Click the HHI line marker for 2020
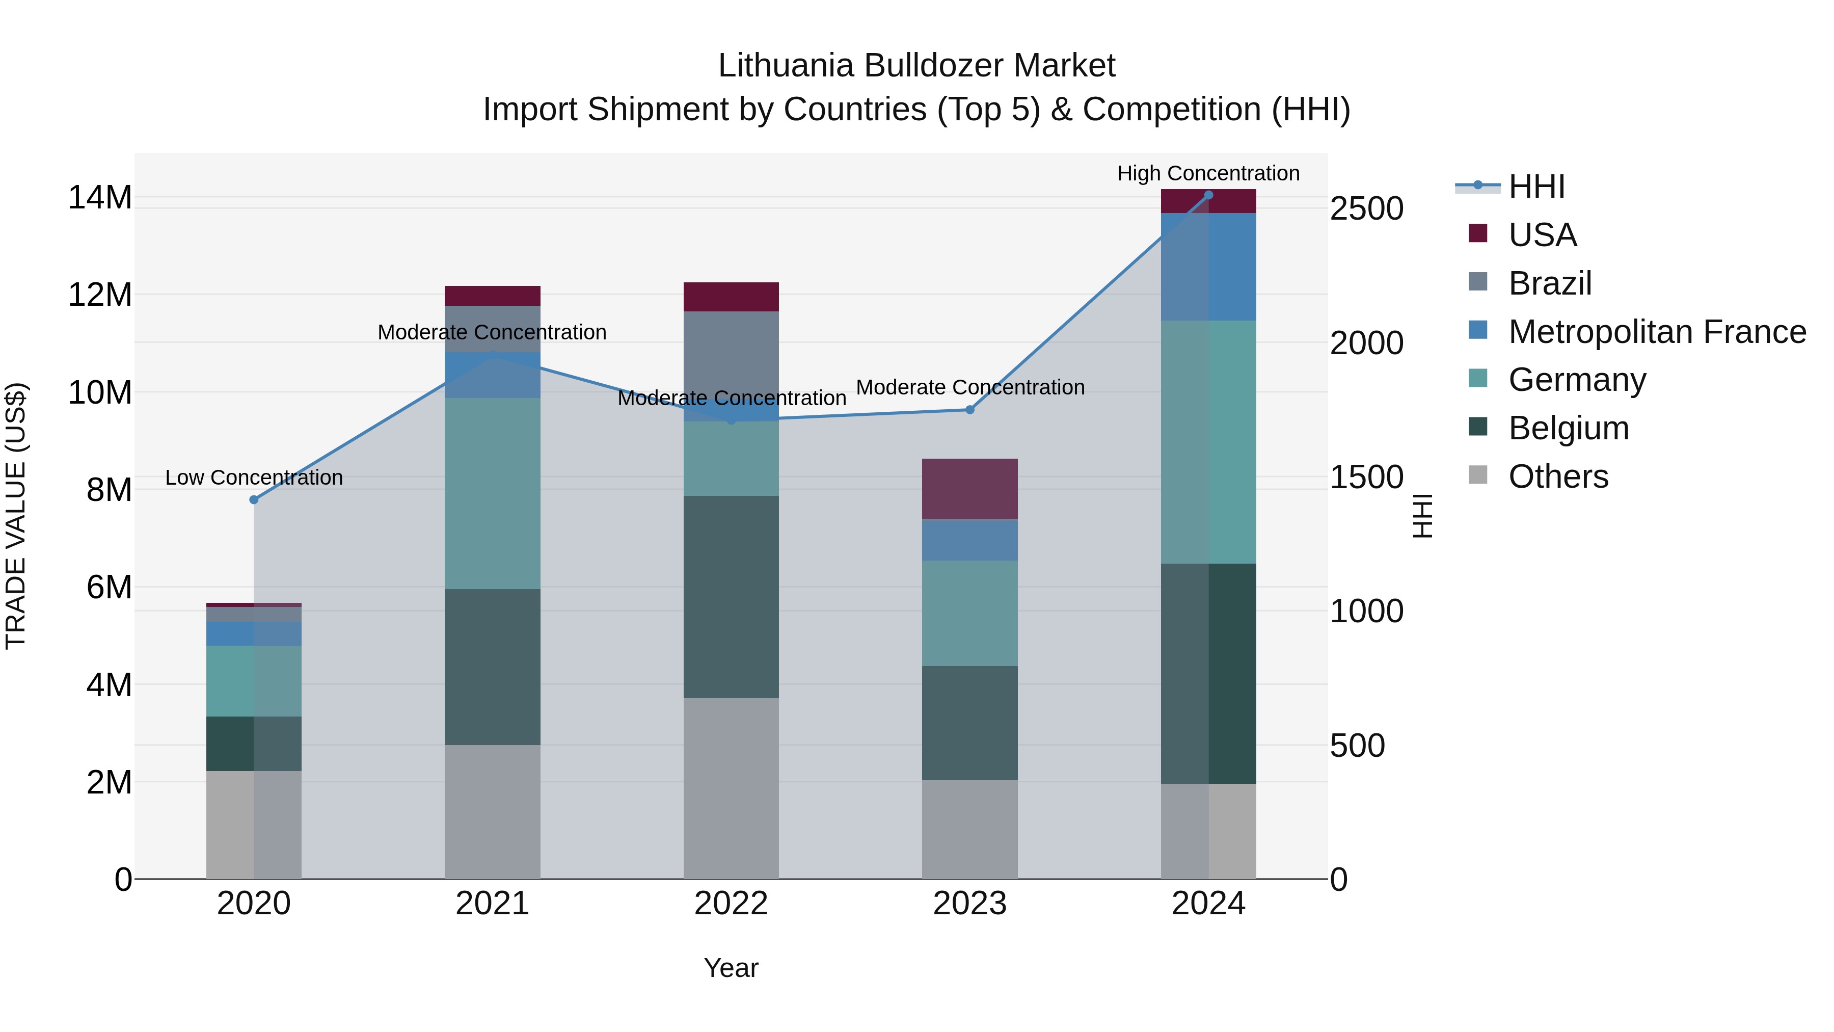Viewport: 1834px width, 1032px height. [254, 500]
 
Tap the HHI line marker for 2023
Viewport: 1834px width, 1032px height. [969, 410]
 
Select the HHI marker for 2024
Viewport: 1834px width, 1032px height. [1208, 195]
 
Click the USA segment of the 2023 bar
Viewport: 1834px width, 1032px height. [969, 489]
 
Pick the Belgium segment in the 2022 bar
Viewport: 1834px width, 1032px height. [731, 597]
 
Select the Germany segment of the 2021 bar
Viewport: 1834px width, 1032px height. [492, 493]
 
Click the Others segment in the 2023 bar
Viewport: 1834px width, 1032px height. [969, 829]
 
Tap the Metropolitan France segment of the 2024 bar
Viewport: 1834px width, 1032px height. [1208, 267]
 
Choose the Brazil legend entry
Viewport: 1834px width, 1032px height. [1549, 283]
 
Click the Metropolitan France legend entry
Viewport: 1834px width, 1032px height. [1656, 331]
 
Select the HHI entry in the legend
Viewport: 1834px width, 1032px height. [1535, 187]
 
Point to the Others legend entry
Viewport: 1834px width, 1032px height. [1558, 477]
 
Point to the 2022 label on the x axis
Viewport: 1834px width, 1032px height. [731, 904]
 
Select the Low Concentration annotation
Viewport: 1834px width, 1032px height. [254, 477]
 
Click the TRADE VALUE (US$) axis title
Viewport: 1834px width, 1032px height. [16, 516]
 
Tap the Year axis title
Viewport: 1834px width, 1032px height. [731, 968]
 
